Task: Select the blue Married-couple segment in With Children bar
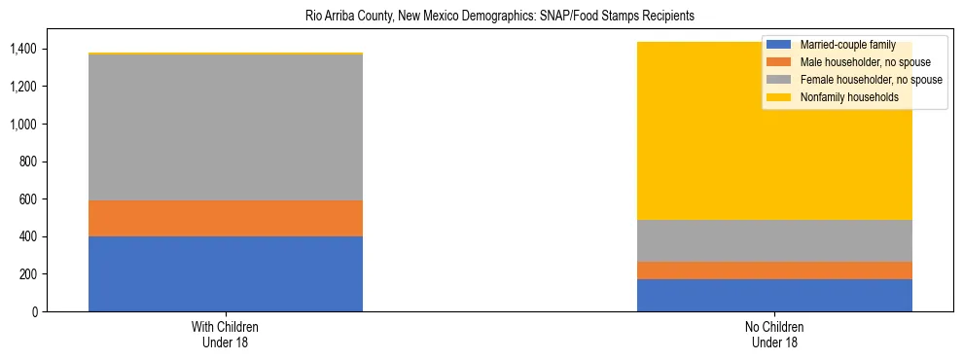(x=225, y=273)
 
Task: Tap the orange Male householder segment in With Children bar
(x=225, y=218)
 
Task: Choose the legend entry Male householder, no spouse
(x=852, y=62)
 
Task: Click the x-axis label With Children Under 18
(x=225, y=334)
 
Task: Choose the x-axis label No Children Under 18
(x=774, y=334)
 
